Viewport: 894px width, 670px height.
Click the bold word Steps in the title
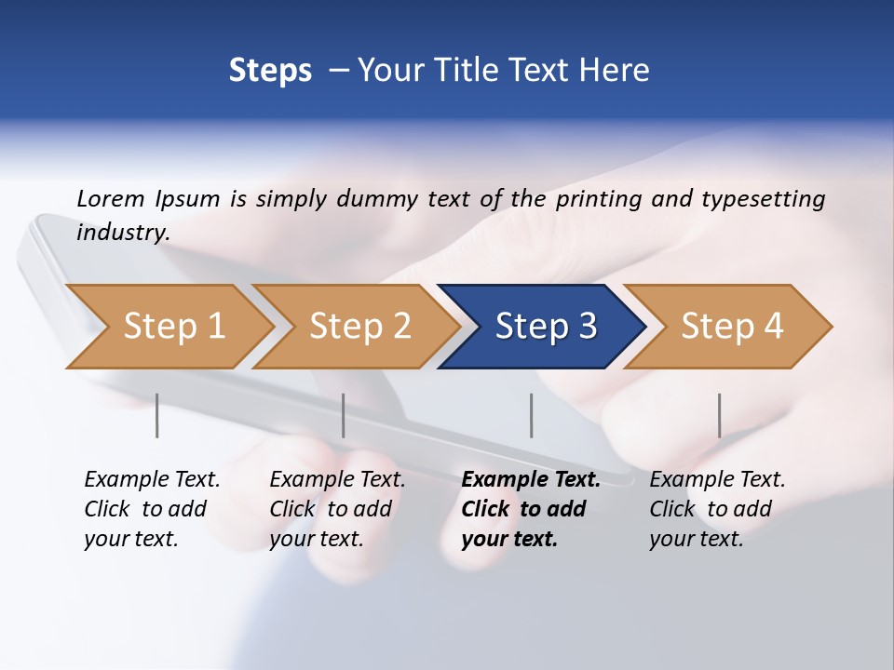click(270, 71)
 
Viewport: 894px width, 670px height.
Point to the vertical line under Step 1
click(157, 415)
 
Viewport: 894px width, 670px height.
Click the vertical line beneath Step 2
click(344, 415)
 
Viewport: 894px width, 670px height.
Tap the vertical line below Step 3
click(532, 415)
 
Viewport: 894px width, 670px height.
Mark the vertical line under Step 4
click(720, 415)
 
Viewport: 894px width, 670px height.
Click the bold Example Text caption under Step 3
click(530, 508)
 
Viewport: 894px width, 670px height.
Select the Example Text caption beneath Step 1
click(152, 508)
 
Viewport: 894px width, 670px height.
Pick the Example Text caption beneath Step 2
click(337, 508)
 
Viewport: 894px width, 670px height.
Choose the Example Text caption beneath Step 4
click(717, 508)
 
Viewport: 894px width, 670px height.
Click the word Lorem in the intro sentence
click(111, 198)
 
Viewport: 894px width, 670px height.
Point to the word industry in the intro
click(122, 232)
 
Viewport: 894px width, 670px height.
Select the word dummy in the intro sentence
click(377, 199)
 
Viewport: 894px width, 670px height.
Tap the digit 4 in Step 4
click(773, 327)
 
